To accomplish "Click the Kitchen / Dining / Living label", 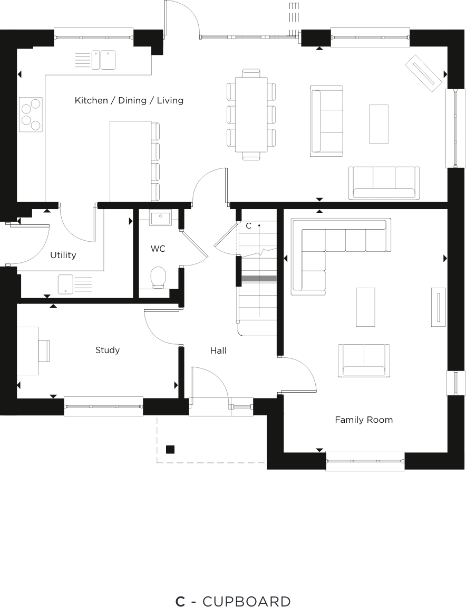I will click(129, 100).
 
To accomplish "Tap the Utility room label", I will click(63, 255).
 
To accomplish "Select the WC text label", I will click(158, 248).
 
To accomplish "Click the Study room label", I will click(108, 350).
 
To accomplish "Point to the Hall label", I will click(218, 350).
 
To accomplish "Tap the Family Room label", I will click(364, 420).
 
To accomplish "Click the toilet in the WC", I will click(158, 277).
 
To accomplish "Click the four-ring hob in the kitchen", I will click(31, 114).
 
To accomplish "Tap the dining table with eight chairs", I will click(251, 114).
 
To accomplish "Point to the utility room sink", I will click(66, 283).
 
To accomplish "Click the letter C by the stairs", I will click(249, 226).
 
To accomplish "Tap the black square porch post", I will click(170, 450).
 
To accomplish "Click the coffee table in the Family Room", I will click(365, 307).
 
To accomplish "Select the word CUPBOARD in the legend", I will click(246, 601).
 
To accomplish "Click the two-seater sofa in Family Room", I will click(364, 360).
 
